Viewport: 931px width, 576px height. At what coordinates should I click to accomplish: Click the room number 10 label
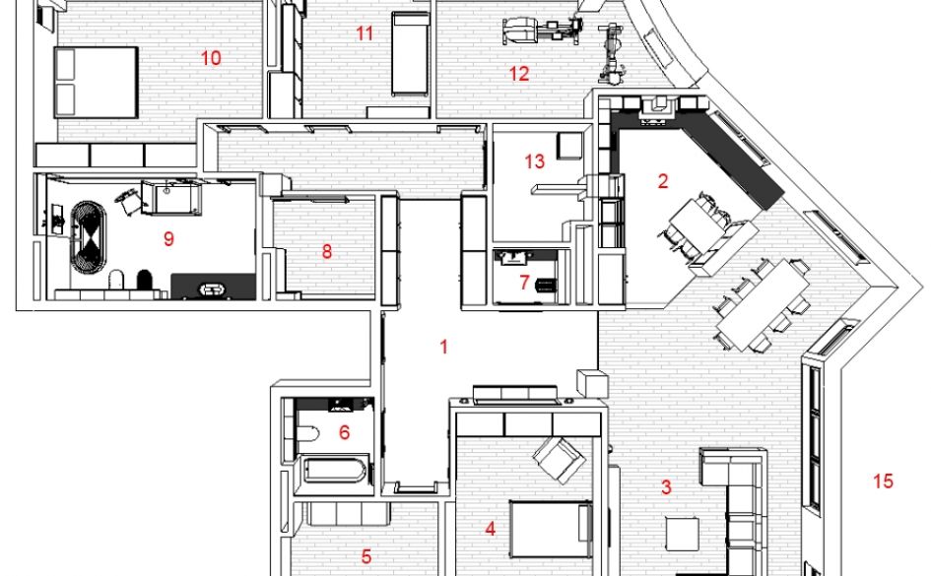click(x=212, y=58)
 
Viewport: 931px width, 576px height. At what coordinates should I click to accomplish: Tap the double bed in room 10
click(x=96, y=82)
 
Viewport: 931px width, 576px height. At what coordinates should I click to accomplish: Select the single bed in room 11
click(x=410, y=53)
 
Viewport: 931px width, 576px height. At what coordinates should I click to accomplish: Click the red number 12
click(x=519, y=74)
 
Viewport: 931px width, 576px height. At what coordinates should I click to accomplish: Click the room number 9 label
click(x=168, y=239)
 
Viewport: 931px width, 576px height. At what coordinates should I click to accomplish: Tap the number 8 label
click(x=326, y=251)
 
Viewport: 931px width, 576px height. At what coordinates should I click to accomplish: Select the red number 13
click(x=534, y=160)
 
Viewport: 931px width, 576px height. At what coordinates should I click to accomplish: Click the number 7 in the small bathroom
click(x=524, y=283)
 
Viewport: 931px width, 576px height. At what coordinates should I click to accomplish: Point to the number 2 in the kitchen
click(x=663, y=181)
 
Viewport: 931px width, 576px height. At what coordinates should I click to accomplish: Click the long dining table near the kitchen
click(x=763, y=304)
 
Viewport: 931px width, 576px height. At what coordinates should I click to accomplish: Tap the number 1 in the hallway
click(x=443, y=347)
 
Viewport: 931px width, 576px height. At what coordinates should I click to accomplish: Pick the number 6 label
click(x=345, y=432)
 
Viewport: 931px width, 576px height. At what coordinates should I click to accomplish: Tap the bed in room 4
click(x=551, y=529)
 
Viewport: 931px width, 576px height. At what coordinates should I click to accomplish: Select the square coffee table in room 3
click(x=682, y=534)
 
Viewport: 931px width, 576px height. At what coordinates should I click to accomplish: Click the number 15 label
click(x=883, y=481)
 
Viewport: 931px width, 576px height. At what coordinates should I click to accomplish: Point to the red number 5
click(x=366, y=556)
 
